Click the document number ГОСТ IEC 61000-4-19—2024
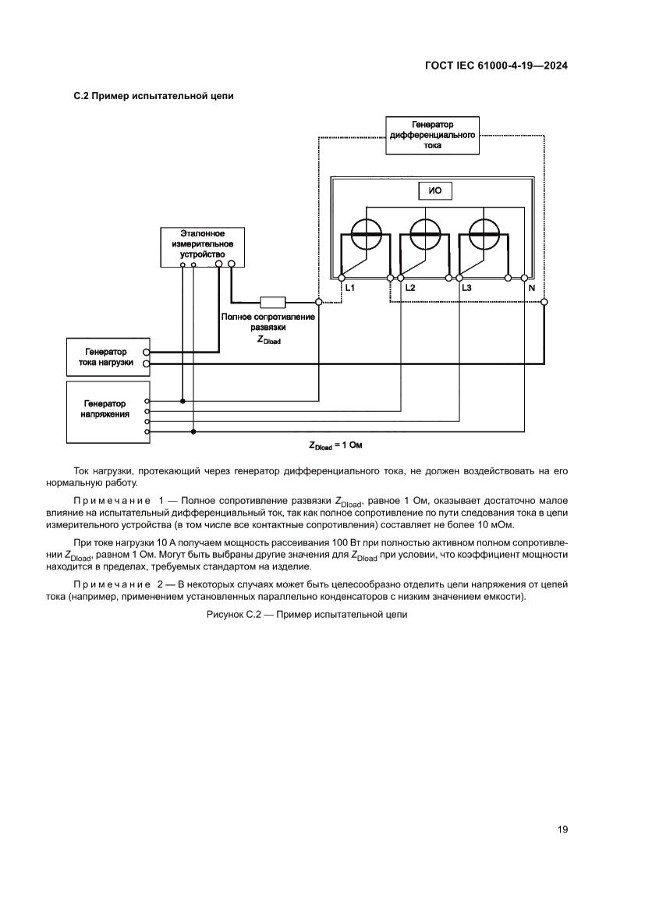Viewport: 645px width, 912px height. [x=495, y=66]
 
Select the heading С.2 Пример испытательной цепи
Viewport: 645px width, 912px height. [x=154, y=96]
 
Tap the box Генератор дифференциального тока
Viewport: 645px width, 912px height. [x=432, y=135]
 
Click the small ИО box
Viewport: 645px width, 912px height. [x=435, y=192]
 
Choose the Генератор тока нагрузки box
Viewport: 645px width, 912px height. [x=106, y=357]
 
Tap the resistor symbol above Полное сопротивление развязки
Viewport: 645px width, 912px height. [x=272, y=302]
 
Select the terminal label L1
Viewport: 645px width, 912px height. [x=350, y=289]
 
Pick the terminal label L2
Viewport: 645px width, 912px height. [x=409, y=289]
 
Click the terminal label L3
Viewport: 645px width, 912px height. [x=466, y=289]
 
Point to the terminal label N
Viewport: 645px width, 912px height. [x=531, y=289]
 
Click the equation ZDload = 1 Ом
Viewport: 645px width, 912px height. [x=336, y=445]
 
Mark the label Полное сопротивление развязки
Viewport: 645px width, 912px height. [x=268, y=322]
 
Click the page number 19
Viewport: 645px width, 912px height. [x=562, y=829]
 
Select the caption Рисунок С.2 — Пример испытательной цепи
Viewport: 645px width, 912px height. [x=307, y=615]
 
